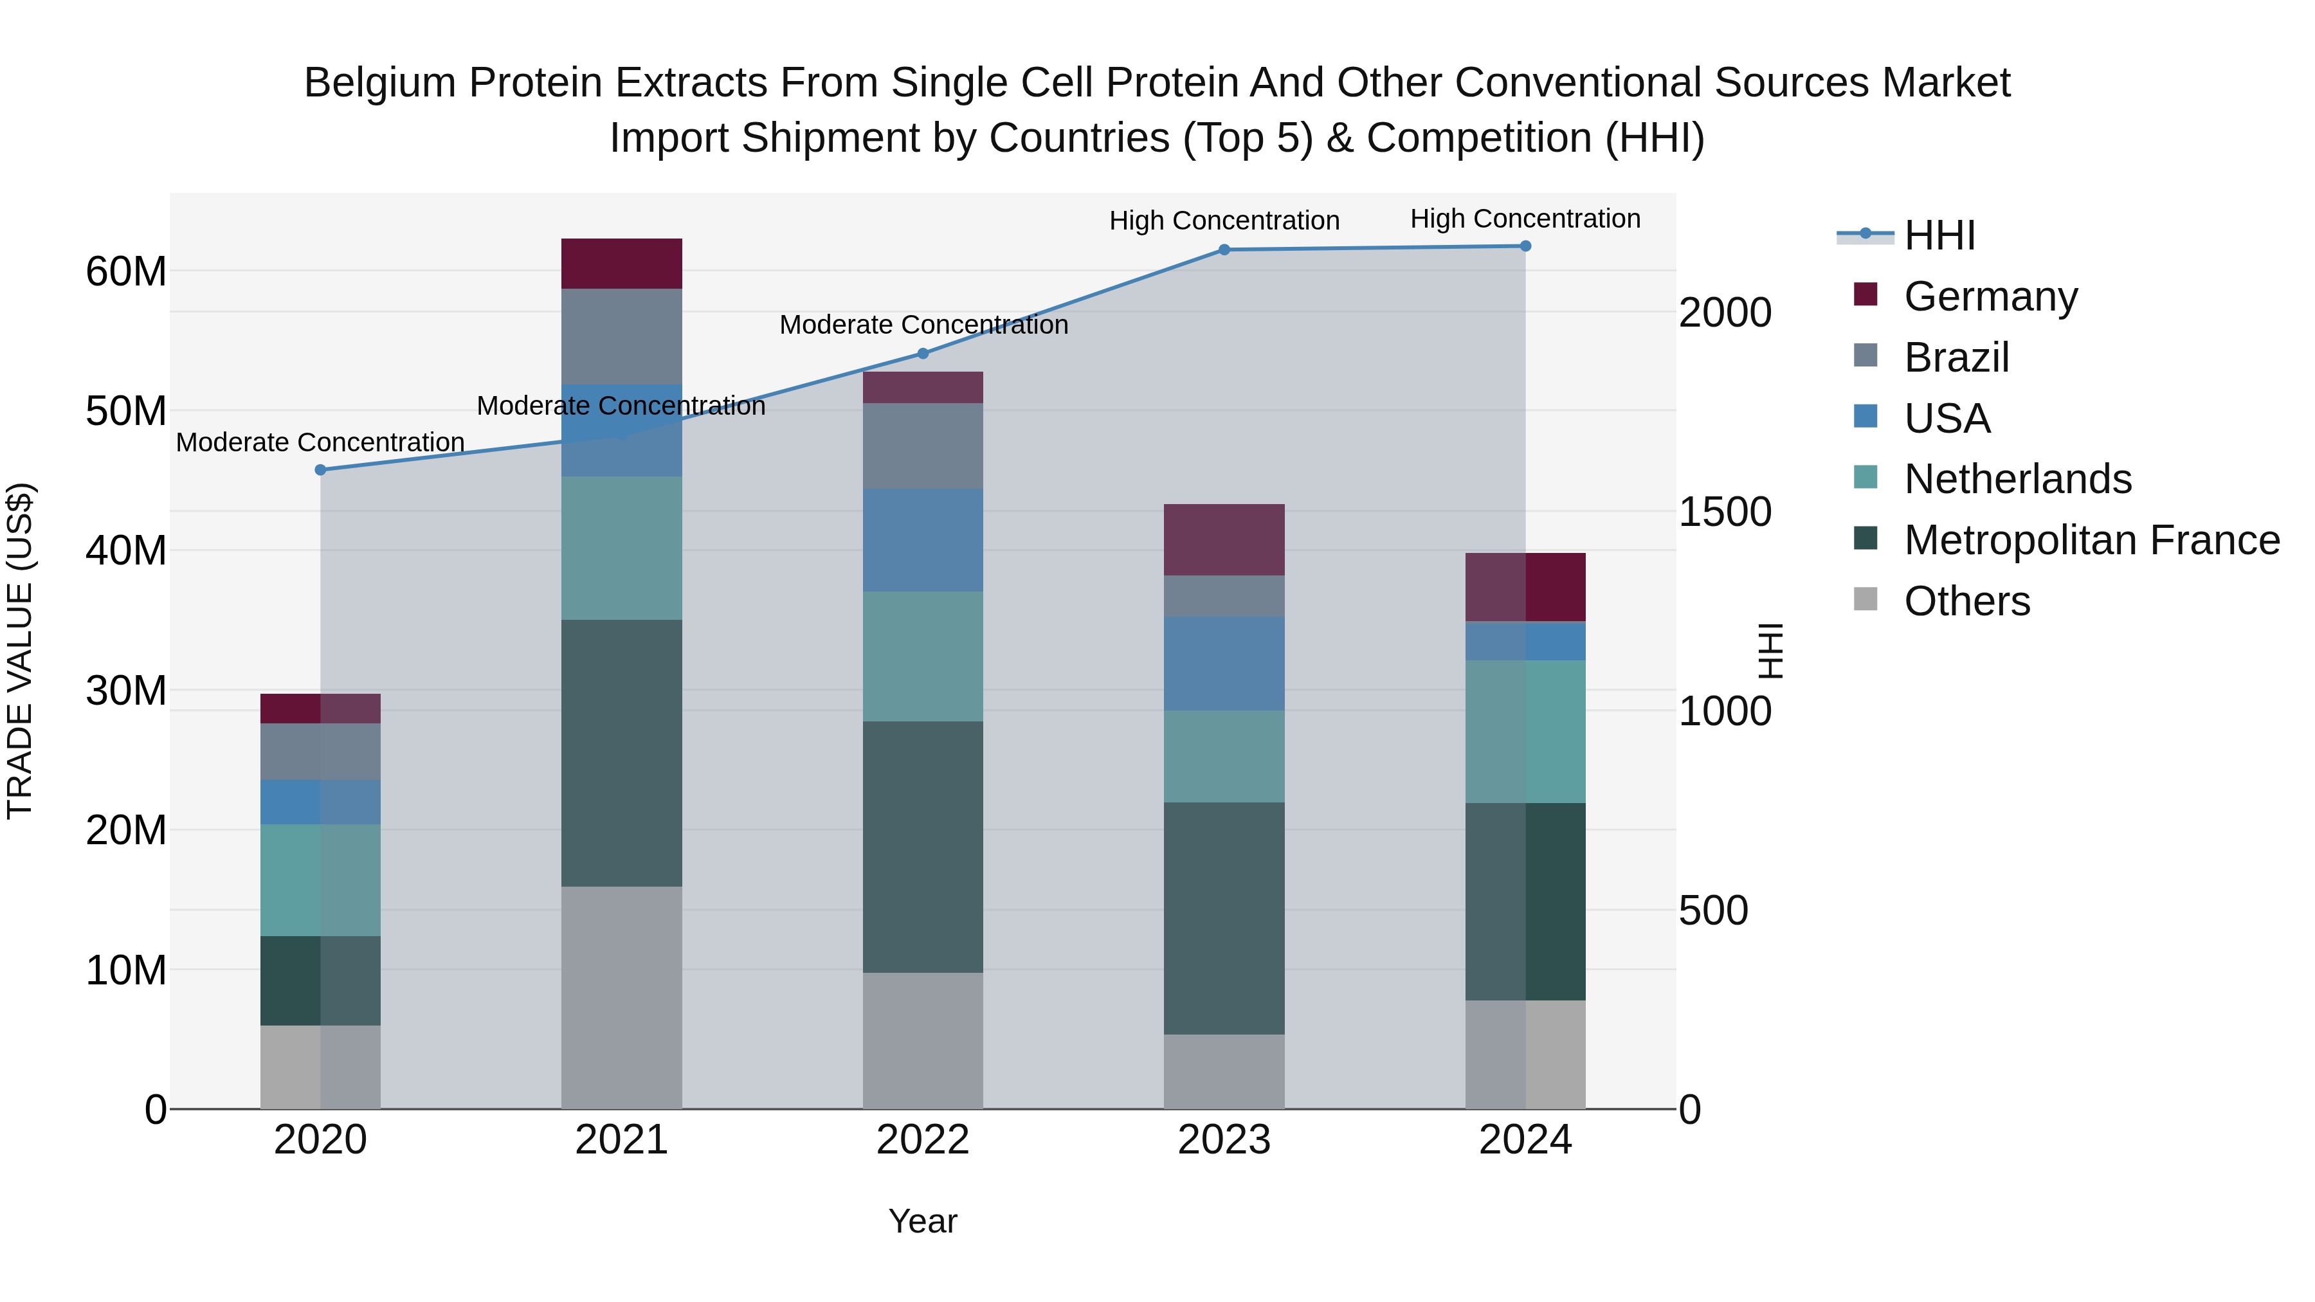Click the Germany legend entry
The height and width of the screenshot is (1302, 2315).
[x=1990, y=296]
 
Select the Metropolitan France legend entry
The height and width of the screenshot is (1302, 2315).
[x=2091, y=540]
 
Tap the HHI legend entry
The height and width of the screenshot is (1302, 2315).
[x=1939, y=235]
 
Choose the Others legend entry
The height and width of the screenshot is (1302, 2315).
[x=1966, y=601]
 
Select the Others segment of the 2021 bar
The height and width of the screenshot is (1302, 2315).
[x=622, y=997]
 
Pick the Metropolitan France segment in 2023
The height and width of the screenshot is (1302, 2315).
[x=1224, y=918]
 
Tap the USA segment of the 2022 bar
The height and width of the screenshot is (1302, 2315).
[x=923, y=540]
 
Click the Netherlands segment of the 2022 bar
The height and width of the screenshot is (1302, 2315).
[x=923, y=656]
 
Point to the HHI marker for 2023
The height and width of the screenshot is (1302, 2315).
[x=1224, y=250]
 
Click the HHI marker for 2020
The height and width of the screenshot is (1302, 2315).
[x=321, y=470]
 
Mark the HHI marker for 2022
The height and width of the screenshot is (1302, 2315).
[x=923, y=354]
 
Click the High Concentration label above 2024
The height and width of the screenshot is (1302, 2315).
[x=1525, y=219]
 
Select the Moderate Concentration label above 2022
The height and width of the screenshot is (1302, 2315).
[x=923, y=325]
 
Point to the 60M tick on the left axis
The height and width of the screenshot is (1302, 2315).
[x=126, y=271]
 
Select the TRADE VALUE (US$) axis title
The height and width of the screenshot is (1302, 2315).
[x=20, y=651]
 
